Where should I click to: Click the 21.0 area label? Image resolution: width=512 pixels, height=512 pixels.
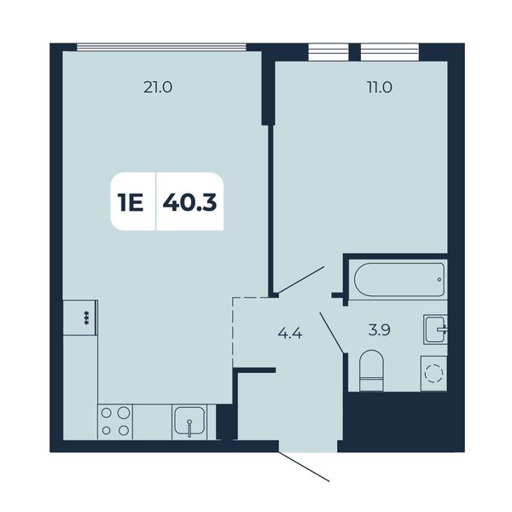pos(158,88)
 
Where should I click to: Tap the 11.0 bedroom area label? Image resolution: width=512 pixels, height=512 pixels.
pos(380,88)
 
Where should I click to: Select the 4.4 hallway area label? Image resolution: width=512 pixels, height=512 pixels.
pos(290,334)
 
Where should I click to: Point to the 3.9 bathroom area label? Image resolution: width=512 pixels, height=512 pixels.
pos(379,330)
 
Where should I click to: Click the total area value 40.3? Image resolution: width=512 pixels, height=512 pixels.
pos(189,202)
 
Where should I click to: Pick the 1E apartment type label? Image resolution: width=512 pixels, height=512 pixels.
pos(131,202)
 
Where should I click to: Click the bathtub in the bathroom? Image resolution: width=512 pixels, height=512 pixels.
pos(399,280)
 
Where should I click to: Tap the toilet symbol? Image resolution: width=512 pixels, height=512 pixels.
pos(371,370)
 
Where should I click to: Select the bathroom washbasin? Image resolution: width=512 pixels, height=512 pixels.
pos(435,329)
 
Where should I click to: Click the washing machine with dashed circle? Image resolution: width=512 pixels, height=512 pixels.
pos(434,374)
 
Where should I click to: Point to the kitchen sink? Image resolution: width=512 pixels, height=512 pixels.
pos(189,422)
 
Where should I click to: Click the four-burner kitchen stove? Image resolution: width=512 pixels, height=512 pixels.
pos(115,422)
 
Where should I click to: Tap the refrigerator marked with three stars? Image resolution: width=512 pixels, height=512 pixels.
pos(80,317)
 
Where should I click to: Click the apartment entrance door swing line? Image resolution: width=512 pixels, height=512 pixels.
pos(304,467)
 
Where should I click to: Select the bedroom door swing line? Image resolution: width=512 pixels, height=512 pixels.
pos(300,280)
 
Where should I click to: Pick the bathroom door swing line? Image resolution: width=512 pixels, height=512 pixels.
pos(332,333)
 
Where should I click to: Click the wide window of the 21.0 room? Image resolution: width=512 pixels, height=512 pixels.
pos(161,47)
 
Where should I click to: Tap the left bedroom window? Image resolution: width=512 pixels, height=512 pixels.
pos(329,52)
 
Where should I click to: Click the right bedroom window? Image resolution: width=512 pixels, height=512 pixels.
pos(390,52)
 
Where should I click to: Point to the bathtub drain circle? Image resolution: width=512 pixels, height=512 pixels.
pos(439,280)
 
